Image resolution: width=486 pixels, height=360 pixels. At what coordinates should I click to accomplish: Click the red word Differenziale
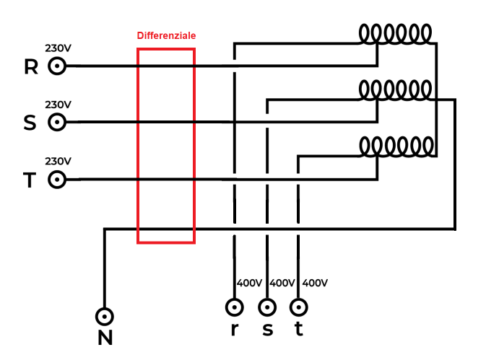coord(166,35)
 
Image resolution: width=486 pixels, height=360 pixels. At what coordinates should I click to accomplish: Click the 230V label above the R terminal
coord(58,48)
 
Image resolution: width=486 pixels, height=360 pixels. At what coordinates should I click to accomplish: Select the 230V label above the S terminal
coord(58,105)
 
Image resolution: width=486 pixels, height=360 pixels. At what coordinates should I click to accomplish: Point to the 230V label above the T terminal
coord(58,162)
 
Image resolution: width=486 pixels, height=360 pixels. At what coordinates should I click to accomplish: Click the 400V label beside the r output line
coord(250,283)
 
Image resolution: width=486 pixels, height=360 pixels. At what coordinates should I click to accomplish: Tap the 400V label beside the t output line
coord(315,283)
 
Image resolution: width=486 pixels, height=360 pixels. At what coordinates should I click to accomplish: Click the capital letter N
coord(105,338)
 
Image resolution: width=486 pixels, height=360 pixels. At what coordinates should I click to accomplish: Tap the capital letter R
coord(31,67)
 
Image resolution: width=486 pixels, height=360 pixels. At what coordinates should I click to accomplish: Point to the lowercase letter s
coord(268,330)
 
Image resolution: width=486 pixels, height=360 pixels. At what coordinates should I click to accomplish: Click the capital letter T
coord(30,180)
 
